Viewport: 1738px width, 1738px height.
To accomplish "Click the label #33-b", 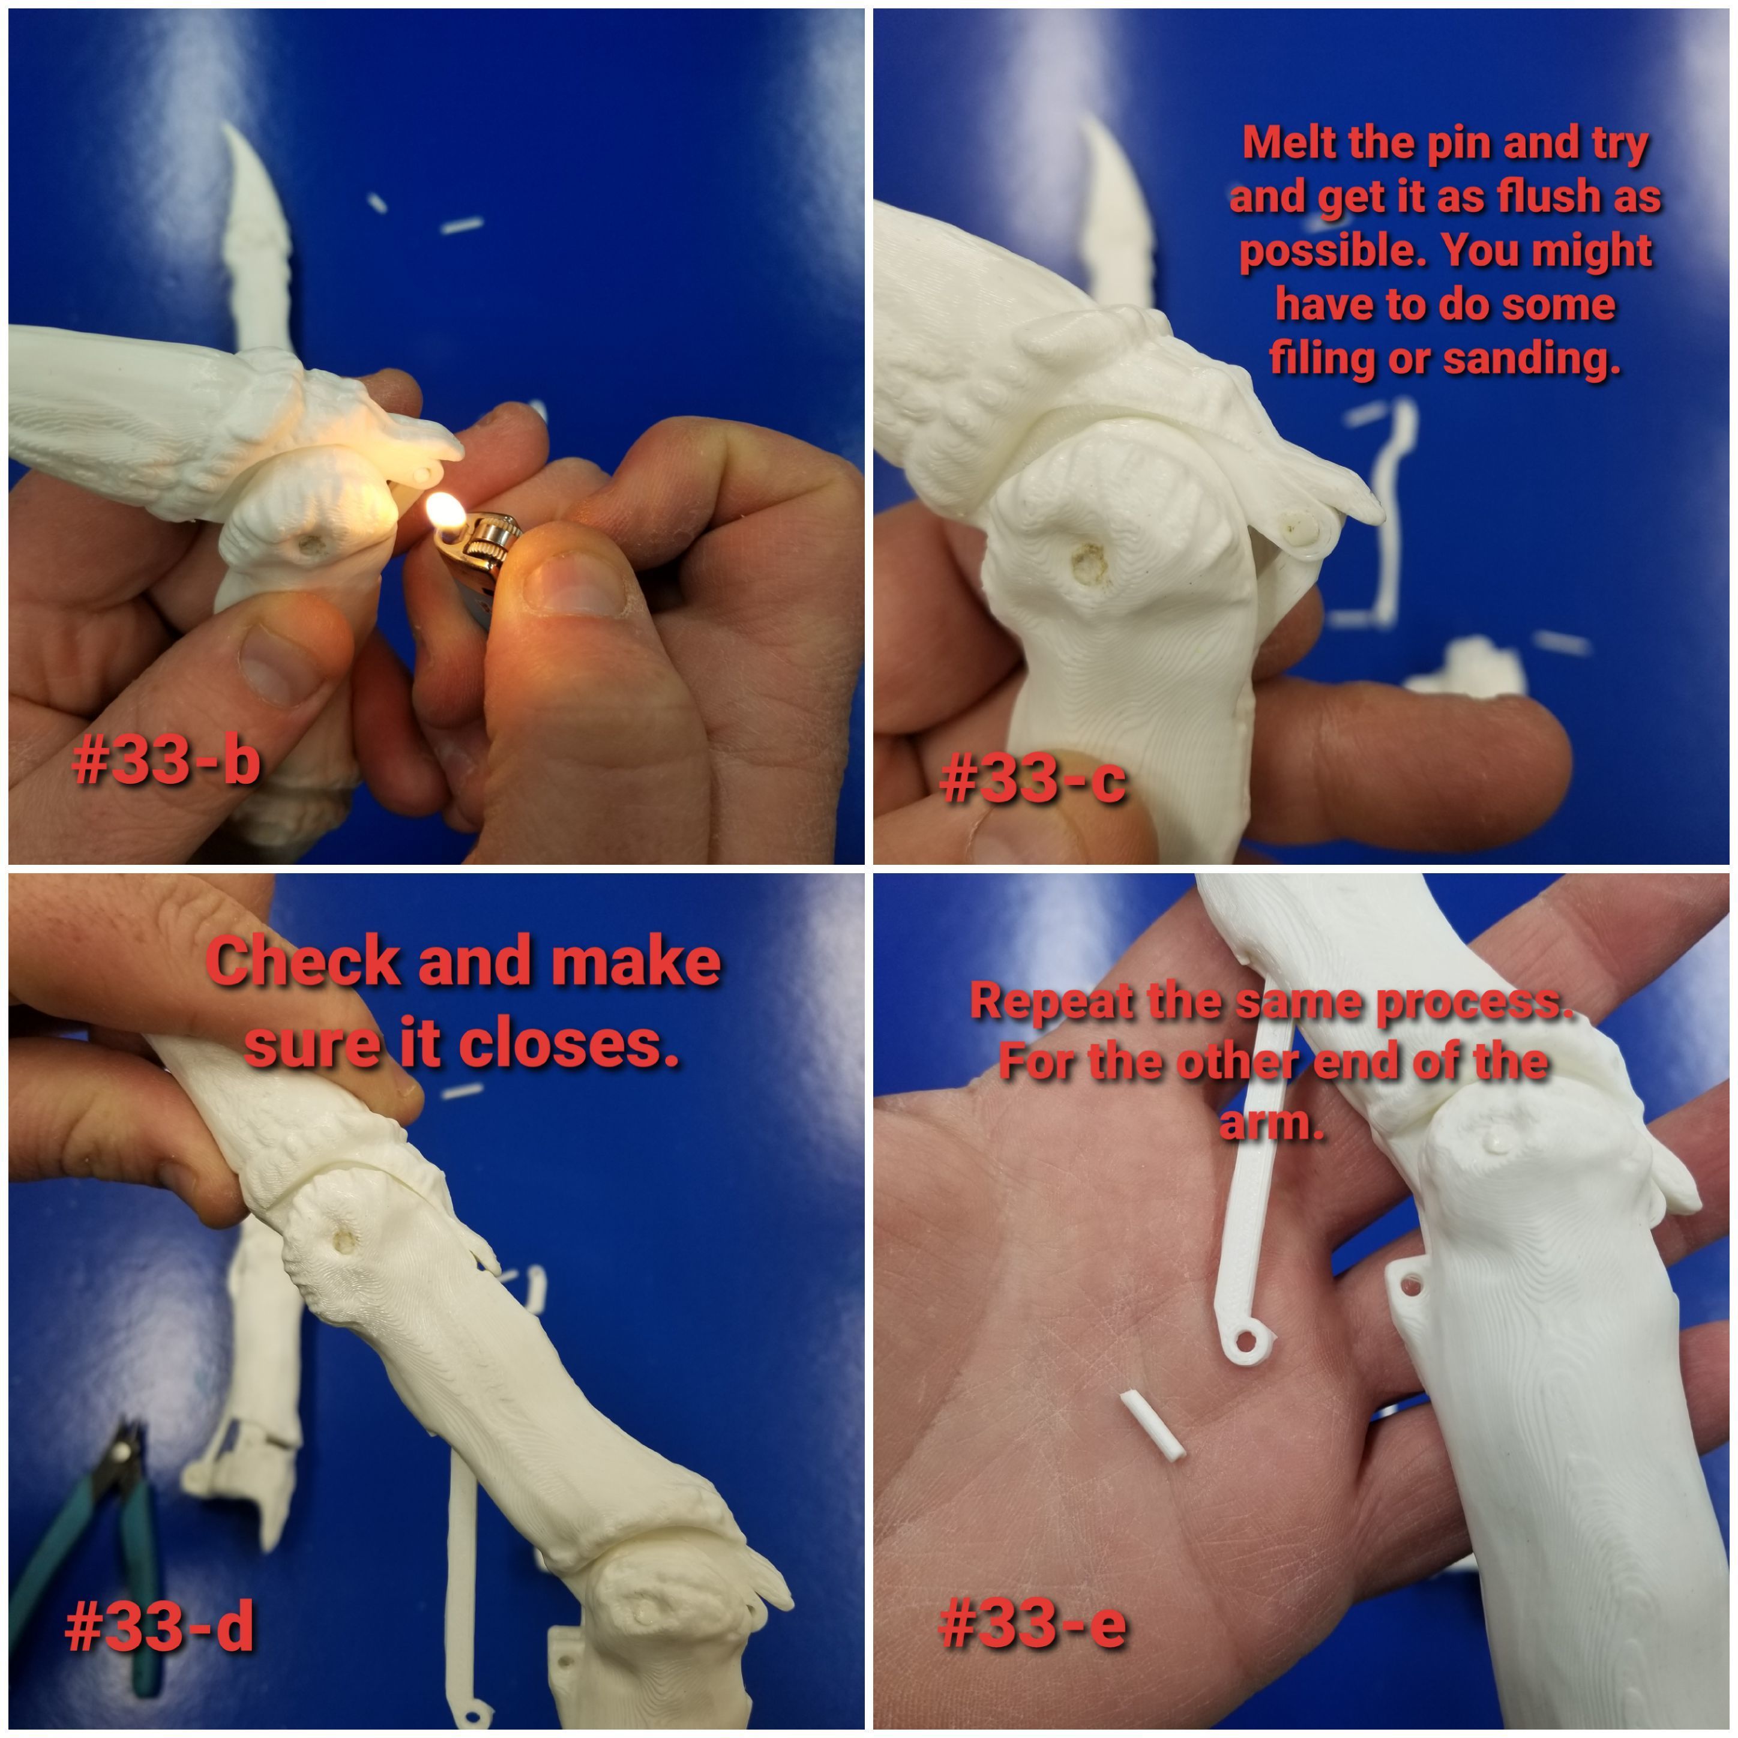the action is click(166, 760).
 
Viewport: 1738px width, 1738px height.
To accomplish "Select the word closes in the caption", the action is click(567, 1045).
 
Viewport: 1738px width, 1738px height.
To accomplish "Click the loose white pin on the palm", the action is click(1152, 1426).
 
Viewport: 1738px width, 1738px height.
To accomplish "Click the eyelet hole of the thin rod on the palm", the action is click(1245, 1341).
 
